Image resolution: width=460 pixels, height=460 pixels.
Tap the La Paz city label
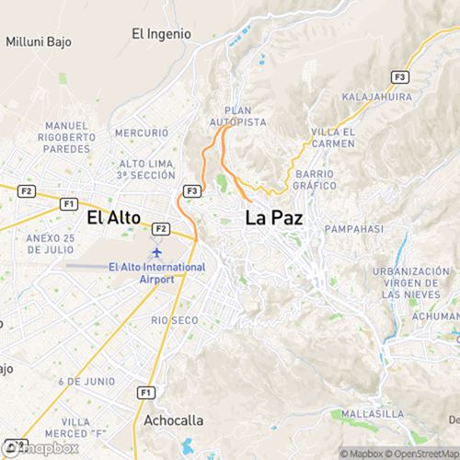click(x=273, y=218)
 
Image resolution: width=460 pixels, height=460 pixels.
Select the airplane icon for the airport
click(x=155, y=251)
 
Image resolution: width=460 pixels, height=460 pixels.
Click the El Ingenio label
click(x=161, y=34)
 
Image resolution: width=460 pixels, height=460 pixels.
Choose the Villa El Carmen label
click(x=332, y=137)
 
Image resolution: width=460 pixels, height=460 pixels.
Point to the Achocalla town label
click(x=174, y=420)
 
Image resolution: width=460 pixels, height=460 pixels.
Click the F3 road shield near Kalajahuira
click(x=399, y=76)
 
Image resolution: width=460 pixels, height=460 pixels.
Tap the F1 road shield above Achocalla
click(x=144, y=392)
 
